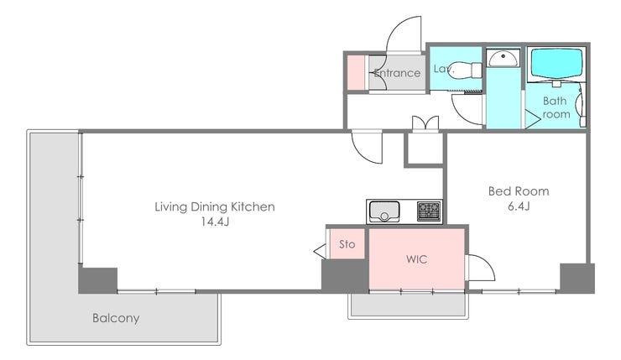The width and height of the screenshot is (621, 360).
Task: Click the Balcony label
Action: pyautogui.click(x=116, y=318)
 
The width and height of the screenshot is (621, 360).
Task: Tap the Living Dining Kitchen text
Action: pyautogui.click(x=215, y=206)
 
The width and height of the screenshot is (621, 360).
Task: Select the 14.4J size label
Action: pyautogui.click(x=215, y=222)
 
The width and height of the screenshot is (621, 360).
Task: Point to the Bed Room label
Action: pyautogui.click(x=519, y=191)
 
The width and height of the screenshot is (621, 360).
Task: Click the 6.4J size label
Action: pyautogui.click(x=519, y=206)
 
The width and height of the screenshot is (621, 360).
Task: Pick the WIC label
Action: pyautogui.click(x=416, y=259)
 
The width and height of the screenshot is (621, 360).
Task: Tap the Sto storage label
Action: pyautogui.click(x=347, y=244)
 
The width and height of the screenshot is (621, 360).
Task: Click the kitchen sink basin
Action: pyautogui.click(x=384, y=211)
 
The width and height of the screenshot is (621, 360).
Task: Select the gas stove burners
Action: pyautogui.click(x=429, y=211)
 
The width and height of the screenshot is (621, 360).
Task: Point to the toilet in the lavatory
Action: pyautogui.click(x=467, y=70)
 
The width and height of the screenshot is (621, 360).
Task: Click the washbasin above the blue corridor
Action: pyautogui.click(x=503, y=58)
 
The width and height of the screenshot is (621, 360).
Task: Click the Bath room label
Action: pyautogui.click(x=556, y=107)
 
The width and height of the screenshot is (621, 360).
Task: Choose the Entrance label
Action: pyautogui.click(x=397, y=73)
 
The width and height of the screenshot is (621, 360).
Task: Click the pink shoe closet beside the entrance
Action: pyautogui.click(x=356, y=73)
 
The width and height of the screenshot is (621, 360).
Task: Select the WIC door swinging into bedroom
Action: pyautogui.click(x=481, y=268)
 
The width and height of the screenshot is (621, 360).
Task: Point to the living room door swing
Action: pyautogui.click(x=367, y=147)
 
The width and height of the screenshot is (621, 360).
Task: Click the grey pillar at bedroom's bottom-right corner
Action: pyautogui.click(x=577, y=279)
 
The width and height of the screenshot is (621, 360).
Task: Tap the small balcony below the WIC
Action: pyautogui.click(x=409, y=305)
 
